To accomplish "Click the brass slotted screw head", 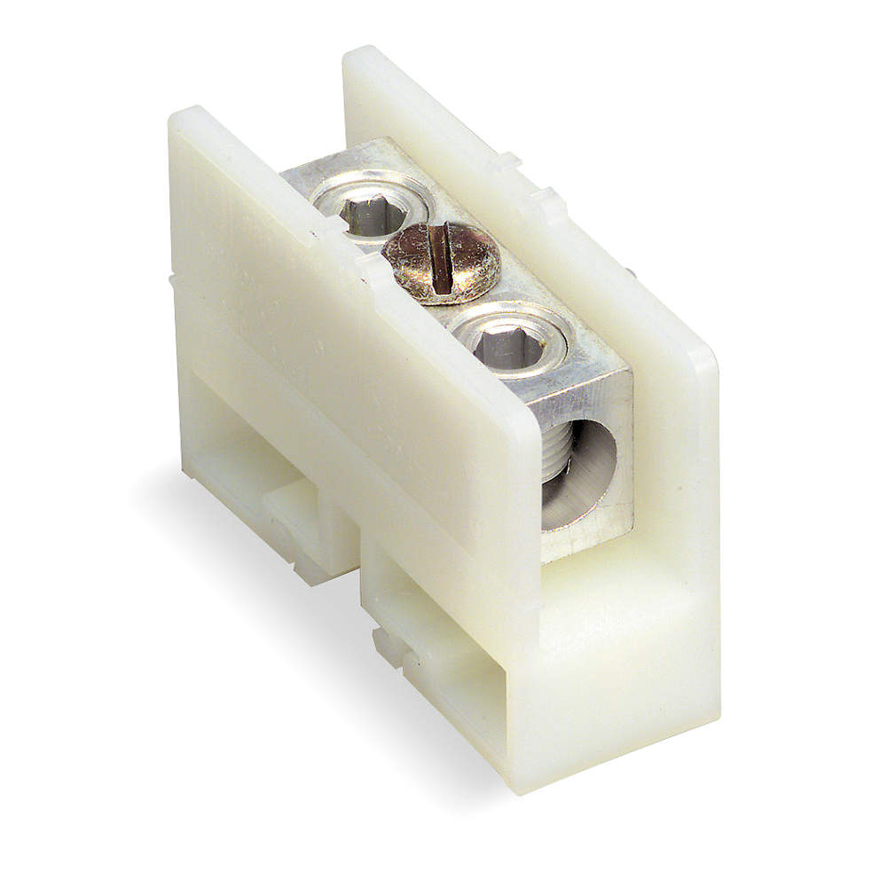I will [442, 262].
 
